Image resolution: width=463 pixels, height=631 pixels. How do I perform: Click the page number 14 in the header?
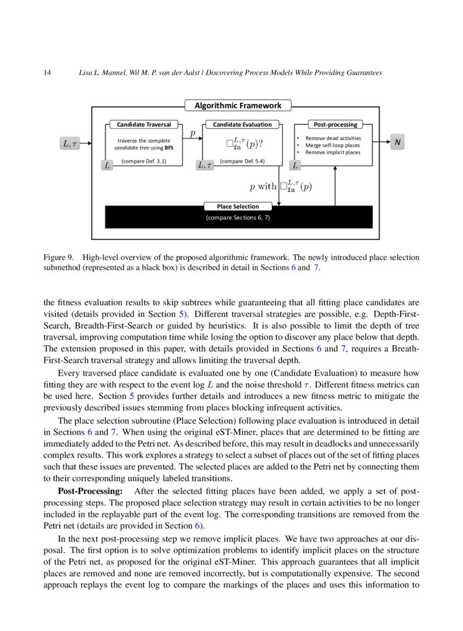[47, 73]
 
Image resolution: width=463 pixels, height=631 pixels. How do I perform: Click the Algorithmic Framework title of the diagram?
[238, 105]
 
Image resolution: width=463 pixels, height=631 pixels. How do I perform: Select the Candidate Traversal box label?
[144, 124]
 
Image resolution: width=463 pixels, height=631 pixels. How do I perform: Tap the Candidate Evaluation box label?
[242, 124]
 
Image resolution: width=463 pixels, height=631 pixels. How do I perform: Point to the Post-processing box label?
[334, 124]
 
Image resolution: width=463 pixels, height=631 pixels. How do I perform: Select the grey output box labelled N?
[397, 143]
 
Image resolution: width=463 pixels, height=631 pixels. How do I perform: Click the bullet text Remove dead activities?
[333, 138]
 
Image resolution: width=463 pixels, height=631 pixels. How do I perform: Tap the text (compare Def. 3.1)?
[144, 162]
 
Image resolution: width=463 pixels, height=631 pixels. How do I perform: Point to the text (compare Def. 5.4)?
[242, 162]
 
